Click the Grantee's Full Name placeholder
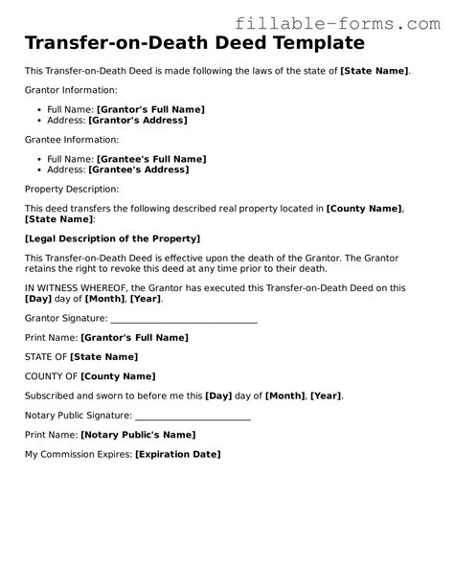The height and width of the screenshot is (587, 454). point(151,158)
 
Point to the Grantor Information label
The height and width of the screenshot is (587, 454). point(71,90)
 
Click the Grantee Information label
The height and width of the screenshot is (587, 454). point(71,139)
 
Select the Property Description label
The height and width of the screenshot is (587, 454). point(72,189)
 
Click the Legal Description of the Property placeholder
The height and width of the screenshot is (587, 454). point(112,238)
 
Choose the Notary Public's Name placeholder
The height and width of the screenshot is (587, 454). point(138,435)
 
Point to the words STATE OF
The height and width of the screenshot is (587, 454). point(45,357)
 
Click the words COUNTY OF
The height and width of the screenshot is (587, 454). point(51,376)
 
